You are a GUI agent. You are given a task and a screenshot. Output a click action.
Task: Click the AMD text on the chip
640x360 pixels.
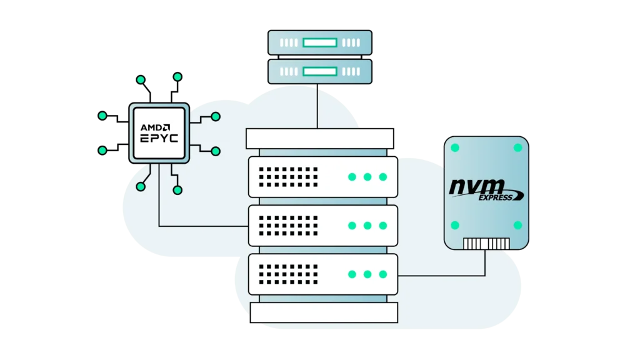(153, 127)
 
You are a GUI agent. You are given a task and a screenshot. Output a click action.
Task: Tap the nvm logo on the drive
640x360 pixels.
(477, 186)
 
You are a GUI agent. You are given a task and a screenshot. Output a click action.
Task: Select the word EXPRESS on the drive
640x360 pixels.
(496, 197)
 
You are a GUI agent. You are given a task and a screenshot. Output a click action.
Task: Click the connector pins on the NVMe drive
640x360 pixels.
(486, 243)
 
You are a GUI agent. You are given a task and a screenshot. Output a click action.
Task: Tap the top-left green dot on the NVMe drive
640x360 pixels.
(455, 148)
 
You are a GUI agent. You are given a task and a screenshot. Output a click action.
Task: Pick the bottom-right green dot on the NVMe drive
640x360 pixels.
(517, 225)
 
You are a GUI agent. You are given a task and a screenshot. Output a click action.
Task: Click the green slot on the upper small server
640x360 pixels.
(320, 43)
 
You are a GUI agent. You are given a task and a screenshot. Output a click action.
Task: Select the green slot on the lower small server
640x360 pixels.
(320, 71)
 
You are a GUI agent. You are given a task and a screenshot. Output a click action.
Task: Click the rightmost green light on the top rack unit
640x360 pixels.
(382, 177)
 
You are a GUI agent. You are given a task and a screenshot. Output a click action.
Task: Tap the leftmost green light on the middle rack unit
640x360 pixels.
(352, 226)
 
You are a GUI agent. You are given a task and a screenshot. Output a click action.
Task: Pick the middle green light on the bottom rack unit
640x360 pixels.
(367, 274)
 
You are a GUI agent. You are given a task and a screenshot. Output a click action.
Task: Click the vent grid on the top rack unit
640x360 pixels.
(288, 177)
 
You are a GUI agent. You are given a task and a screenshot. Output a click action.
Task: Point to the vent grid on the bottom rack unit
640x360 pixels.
(288, 274)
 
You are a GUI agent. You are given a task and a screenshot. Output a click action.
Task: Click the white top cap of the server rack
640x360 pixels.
(319, 138)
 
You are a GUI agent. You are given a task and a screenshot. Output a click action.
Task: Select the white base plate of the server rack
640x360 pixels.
(324, 312)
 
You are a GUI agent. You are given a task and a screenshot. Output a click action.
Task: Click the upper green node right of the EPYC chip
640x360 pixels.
(216, 116)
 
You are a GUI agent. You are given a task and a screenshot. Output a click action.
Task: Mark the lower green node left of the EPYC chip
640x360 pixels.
(102, 150)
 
